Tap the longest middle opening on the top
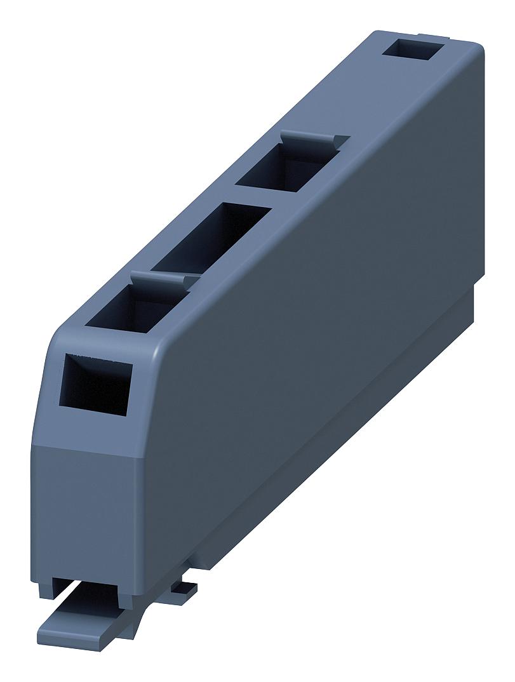(x=212, y=238)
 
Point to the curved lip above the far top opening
(x=315, y=138)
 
